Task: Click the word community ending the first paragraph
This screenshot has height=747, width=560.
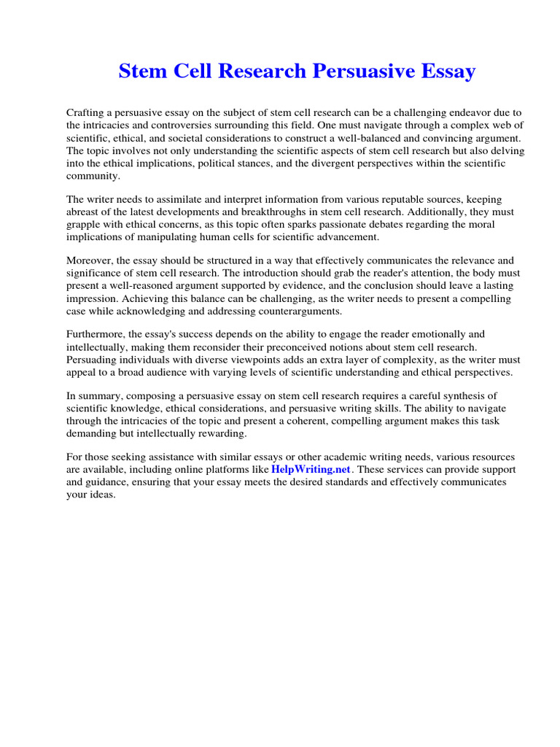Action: coord(92,176)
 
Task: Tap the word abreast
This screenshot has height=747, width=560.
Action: coord(83,212)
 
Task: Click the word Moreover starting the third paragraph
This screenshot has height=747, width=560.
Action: coord(90,260)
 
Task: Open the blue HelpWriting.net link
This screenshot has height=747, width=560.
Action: coord(311,469)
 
